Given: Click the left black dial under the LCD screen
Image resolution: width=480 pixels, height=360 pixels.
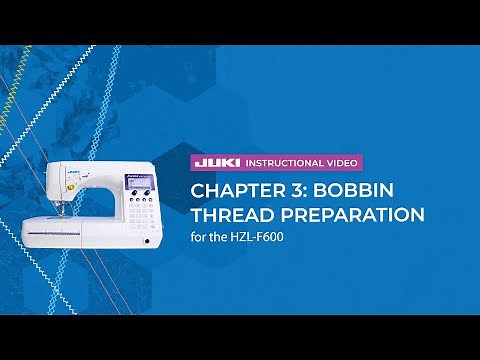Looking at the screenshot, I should pyautogui.click(x=126, y=198).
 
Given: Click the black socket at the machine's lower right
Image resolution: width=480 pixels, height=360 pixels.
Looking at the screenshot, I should pyautogui.click(x=147, y=242).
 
